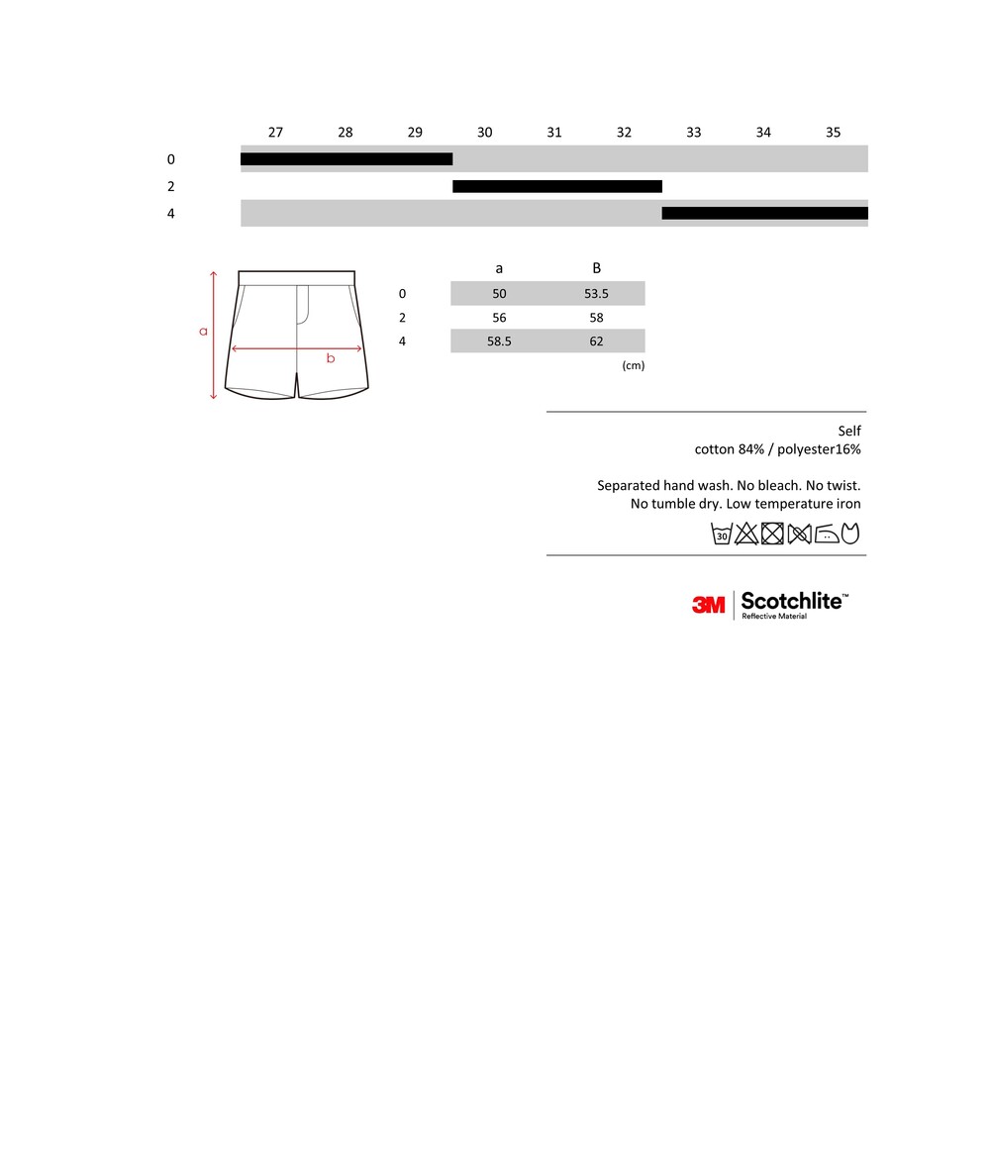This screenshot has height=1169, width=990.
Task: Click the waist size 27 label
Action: point(275,132)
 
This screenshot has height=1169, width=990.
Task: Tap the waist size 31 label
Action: point(554,132)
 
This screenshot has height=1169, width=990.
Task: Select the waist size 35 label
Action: point(833,132)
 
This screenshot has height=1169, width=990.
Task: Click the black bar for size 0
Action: point(346,159)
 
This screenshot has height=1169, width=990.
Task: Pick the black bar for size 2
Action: point(557,186)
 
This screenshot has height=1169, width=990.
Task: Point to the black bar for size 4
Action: point(764,213)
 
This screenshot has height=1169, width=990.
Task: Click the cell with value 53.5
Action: point(596,294)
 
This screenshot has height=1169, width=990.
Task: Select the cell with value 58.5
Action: point(499,341)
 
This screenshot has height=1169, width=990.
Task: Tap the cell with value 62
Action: point(596,341)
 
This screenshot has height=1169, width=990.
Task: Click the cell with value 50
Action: point(499,294)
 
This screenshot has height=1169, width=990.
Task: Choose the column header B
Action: point(596,268)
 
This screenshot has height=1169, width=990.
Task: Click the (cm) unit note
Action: point(633,365)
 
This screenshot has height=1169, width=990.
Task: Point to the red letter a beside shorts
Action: point(204,331)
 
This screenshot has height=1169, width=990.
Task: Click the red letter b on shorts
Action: point(331,358)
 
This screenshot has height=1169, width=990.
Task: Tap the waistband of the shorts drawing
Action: point(296,277)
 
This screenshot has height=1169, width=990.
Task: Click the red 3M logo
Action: point(708,604)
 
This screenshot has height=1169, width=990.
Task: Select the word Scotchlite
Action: point(791,601)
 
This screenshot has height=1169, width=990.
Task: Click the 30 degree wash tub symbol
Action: point(722,535)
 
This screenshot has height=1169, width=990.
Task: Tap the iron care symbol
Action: point(826,535)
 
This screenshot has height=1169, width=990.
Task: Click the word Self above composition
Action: point(848,431)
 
